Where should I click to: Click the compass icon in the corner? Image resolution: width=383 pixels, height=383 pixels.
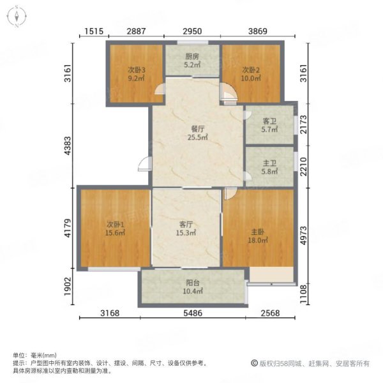[17, 17]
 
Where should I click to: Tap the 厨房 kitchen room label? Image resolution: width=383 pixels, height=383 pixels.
[192, 56]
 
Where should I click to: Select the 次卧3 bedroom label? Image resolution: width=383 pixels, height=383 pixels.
[137, 70]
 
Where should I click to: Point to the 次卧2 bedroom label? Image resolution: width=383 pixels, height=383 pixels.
[251, 70]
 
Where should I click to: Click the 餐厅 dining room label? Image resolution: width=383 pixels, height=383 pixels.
[198, 129]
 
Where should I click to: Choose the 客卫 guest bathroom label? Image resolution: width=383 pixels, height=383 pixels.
[269, 121]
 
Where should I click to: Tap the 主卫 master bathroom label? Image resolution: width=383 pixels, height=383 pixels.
[269, 163]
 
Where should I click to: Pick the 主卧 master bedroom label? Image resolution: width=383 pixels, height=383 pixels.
[258, 232]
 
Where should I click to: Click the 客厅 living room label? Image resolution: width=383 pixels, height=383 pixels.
[186, 224]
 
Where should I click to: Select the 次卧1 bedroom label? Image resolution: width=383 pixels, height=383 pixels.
[116, 224]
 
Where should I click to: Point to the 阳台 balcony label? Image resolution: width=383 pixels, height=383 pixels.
[193, 283]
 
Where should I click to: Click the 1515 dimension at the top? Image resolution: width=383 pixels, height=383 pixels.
[94, 31]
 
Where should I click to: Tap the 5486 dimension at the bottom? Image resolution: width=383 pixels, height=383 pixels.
[193, 313]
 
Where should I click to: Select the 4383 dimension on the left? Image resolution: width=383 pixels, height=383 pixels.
[68, 146]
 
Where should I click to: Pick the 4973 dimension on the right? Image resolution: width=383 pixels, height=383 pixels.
[303, 235]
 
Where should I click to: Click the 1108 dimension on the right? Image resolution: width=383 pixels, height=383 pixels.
[303, 294]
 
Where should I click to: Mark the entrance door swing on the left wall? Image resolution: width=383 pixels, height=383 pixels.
[145, 164]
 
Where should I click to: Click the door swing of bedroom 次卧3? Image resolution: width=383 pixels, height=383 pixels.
[160, 89]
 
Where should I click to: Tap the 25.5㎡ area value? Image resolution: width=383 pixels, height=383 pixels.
[198, 137]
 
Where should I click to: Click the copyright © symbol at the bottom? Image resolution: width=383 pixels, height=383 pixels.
[254, 363]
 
